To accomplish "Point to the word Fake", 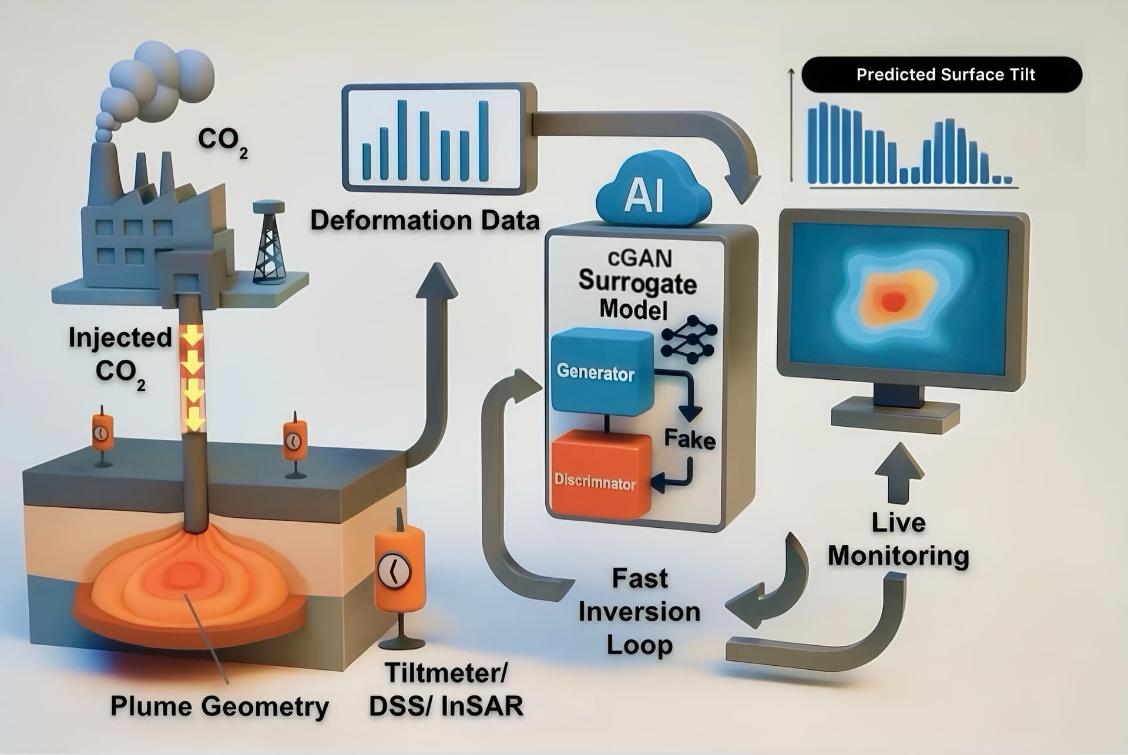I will coord(689,439).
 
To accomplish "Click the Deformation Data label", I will coord(424,221).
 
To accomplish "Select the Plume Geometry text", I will coord(219,706).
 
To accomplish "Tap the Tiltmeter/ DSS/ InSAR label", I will coord(445,689).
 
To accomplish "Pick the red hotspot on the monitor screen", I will coord(892,301).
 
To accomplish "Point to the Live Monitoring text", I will coord(898,539).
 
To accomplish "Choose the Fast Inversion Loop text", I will coord(639,612).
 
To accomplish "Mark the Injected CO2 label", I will coord(120,355).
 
